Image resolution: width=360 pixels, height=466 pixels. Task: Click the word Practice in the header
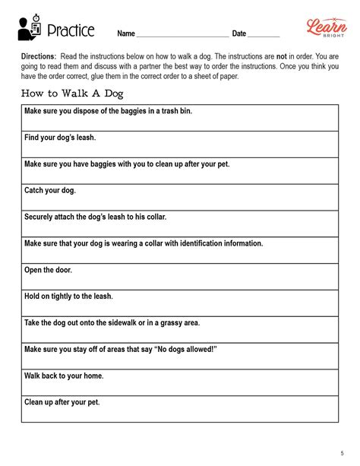[71, 30]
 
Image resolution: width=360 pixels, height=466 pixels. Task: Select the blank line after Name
[182, 35]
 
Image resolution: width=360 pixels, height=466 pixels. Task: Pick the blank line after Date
[264, 35]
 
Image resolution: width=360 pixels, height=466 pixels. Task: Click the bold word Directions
[39, 57]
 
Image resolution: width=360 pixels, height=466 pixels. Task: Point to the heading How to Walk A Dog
[72, 94]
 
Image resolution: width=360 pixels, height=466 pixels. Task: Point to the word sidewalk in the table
[132, 323]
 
